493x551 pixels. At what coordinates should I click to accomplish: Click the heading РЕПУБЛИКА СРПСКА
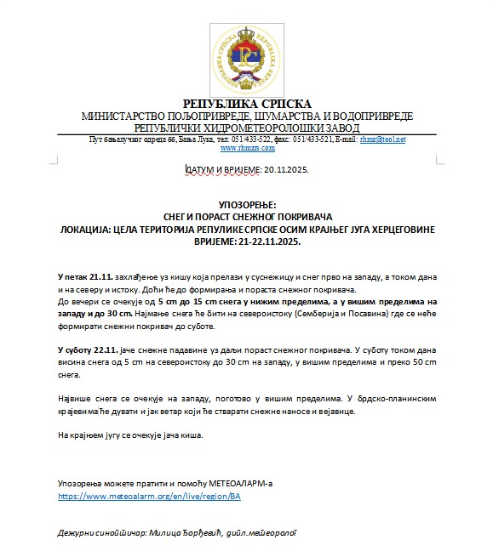pos(247,104)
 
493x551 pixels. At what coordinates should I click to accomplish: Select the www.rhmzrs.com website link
pos(247,148)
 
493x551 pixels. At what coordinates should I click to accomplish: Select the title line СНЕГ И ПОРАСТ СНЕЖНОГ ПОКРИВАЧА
pos(247,218)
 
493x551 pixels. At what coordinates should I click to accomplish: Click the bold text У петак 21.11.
pos(83,278)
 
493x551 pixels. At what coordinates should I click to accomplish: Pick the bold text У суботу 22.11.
pos(89,350)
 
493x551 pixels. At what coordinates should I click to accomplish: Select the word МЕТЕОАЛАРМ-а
pos(235,483)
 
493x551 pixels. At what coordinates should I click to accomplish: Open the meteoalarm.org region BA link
pos(149,495)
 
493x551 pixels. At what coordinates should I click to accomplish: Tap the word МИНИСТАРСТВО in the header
pos(123,116)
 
